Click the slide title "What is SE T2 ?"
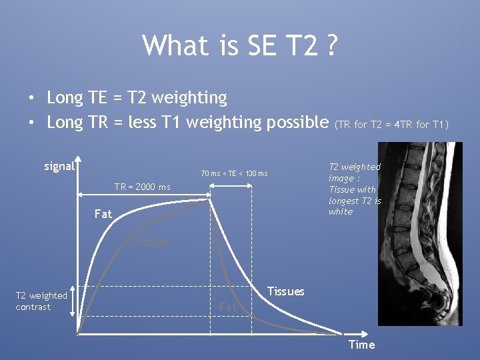(x=240, y=46)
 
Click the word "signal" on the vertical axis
(x=59, y=166)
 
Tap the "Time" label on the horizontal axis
(x=362, y=344)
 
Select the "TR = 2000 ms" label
(x=142, y=187)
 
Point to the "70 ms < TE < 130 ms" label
(x=234, y=174)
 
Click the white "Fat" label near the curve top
(x=103, y=214)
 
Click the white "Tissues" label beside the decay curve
(x=285, y=291)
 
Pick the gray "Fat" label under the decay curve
(x=228, y=307)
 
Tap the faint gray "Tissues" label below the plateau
(x=151, y=242)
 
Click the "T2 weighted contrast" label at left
(x=41, y=301)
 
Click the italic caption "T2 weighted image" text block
(x=355, y=189)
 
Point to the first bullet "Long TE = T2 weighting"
(x=137, y=97)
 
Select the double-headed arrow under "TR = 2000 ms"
(x=144, y=195)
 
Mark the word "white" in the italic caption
(x=341, y=211)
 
